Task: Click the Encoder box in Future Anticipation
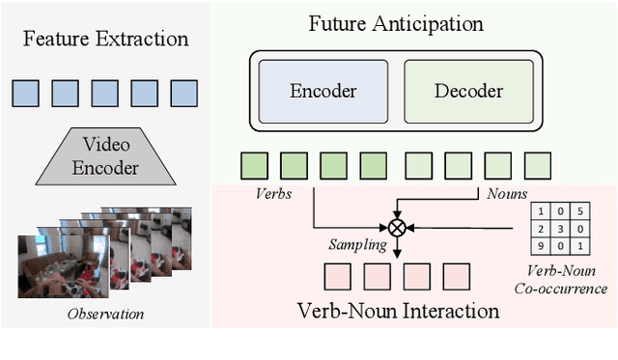click(323, 92)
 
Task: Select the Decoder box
click(467, 92)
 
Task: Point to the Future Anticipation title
click(396, 22)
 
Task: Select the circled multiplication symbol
click(397, 229)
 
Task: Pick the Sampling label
click(357, 245)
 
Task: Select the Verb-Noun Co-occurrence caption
click(569, 280)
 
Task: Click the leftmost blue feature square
click(25, 93)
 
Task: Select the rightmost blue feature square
click(183, 93)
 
